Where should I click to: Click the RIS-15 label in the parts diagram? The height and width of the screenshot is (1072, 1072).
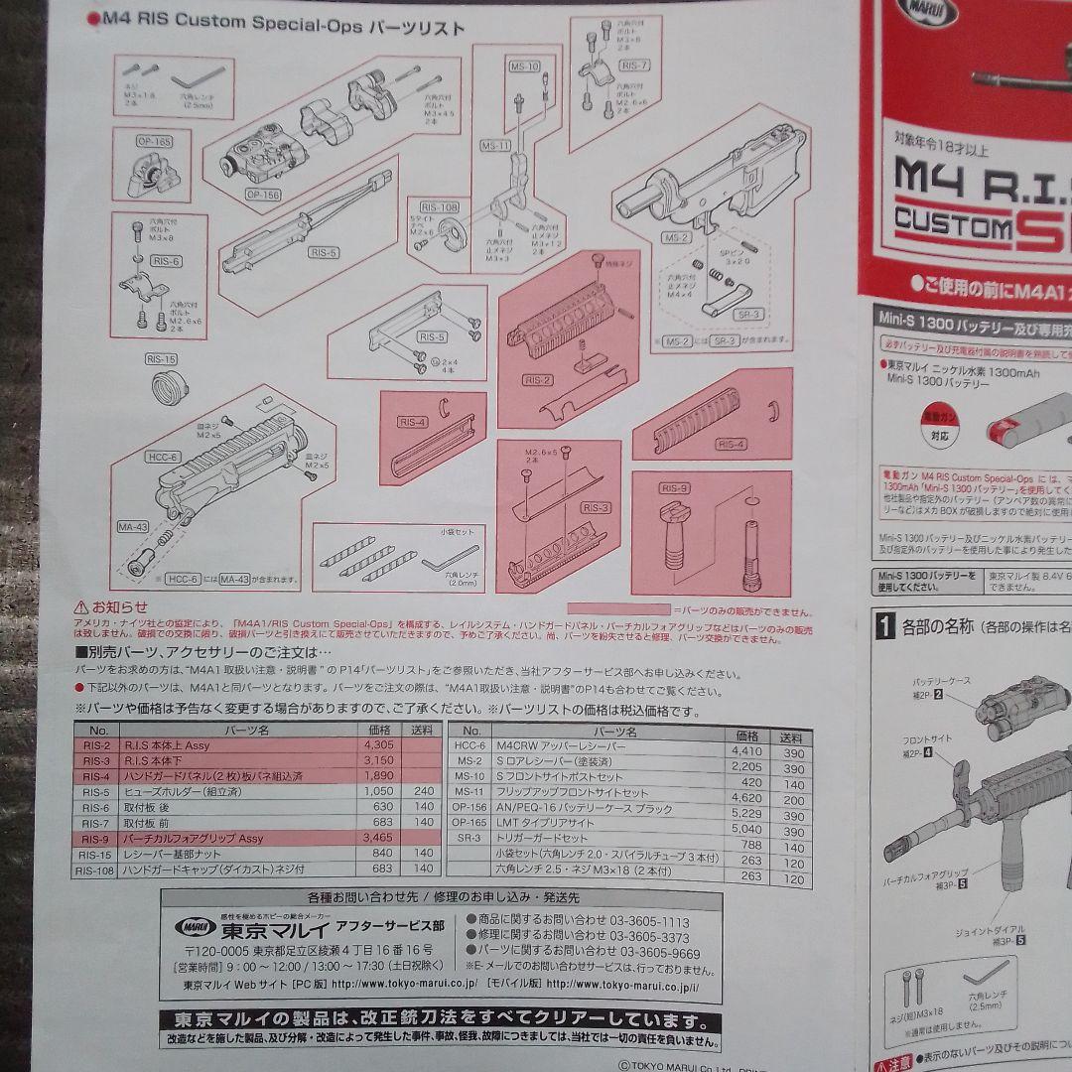click(x=161, y=358)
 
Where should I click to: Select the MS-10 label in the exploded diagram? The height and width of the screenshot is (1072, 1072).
click(x=525, y=67)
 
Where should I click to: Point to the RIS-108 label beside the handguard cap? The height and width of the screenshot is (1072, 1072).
click(x=438, y=206)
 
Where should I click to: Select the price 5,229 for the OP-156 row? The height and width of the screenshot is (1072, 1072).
click(x=746, y=811)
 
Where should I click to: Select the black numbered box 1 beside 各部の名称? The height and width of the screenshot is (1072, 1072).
click(x=885, y=626)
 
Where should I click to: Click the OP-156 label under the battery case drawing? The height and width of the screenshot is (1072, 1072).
click(x=263, y=195)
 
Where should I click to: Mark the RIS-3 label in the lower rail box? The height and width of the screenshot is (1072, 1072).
click(x=596, y=507)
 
